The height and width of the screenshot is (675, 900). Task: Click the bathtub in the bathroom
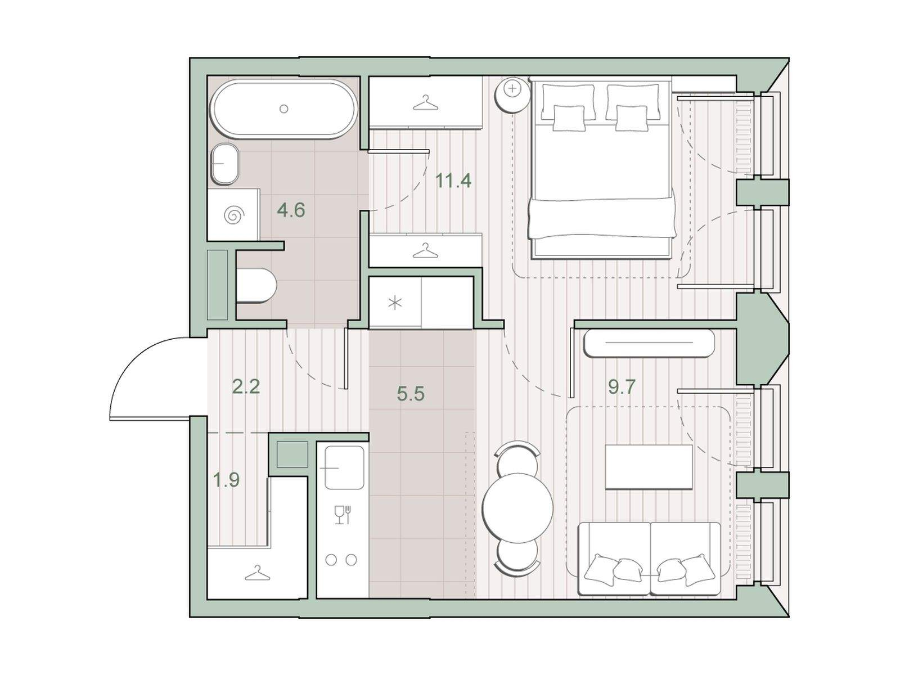pos(283,109)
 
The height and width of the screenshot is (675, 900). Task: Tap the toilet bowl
pos(257,286)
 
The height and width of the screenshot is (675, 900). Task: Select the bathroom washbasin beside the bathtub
pos(224,164)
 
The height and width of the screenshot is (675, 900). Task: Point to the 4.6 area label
pos(291,210)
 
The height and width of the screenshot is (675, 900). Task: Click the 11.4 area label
pos(453,181)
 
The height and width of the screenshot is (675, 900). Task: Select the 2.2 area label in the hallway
pos(246,386)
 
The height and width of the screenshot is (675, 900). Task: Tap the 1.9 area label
pos(226,479)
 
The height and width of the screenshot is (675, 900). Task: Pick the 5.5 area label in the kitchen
pos(411,394)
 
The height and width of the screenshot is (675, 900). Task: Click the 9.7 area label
pos(622,386)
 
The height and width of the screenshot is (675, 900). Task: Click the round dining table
pos(517,508)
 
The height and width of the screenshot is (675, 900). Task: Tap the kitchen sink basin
pos(344,467)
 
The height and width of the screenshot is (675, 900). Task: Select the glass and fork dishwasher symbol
pos(343,515)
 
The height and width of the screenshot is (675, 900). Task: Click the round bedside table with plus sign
pos(512,88)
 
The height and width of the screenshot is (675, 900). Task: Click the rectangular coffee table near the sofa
pos(649,467)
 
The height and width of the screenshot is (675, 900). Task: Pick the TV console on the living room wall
pos(649,344)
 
